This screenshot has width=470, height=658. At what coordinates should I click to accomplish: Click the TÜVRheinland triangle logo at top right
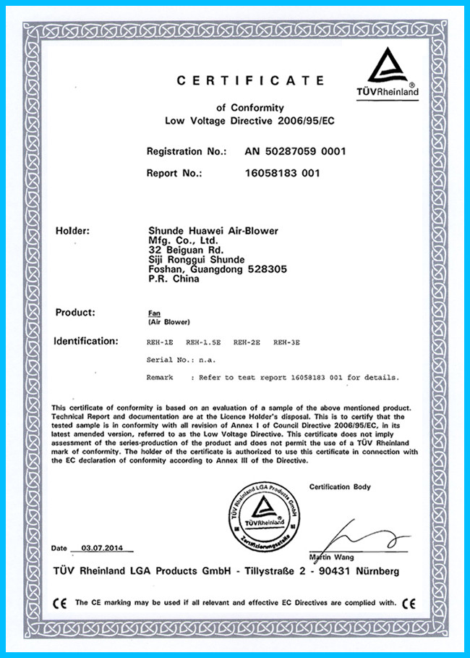click(x=393, y=69)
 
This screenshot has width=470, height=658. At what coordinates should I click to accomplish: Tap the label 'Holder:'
click(x=72, y=231)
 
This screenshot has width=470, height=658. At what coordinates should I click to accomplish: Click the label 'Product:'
click(x=75, y=312)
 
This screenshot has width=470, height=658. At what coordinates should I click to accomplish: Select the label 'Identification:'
click(x=85, y=340)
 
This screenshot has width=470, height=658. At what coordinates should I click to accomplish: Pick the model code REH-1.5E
click(x=204, y=341)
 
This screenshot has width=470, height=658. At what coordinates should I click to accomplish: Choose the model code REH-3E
click(x=288, y=341)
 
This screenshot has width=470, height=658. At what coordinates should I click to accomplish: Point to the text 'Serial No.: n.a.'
click(x=181, y=359)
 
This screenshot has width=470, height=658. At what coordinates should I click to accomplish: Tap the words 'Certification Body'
click(x=340, y=486)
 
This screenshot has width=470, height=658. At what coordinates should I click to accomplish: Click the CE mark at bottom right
click(x=409, y=602)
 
